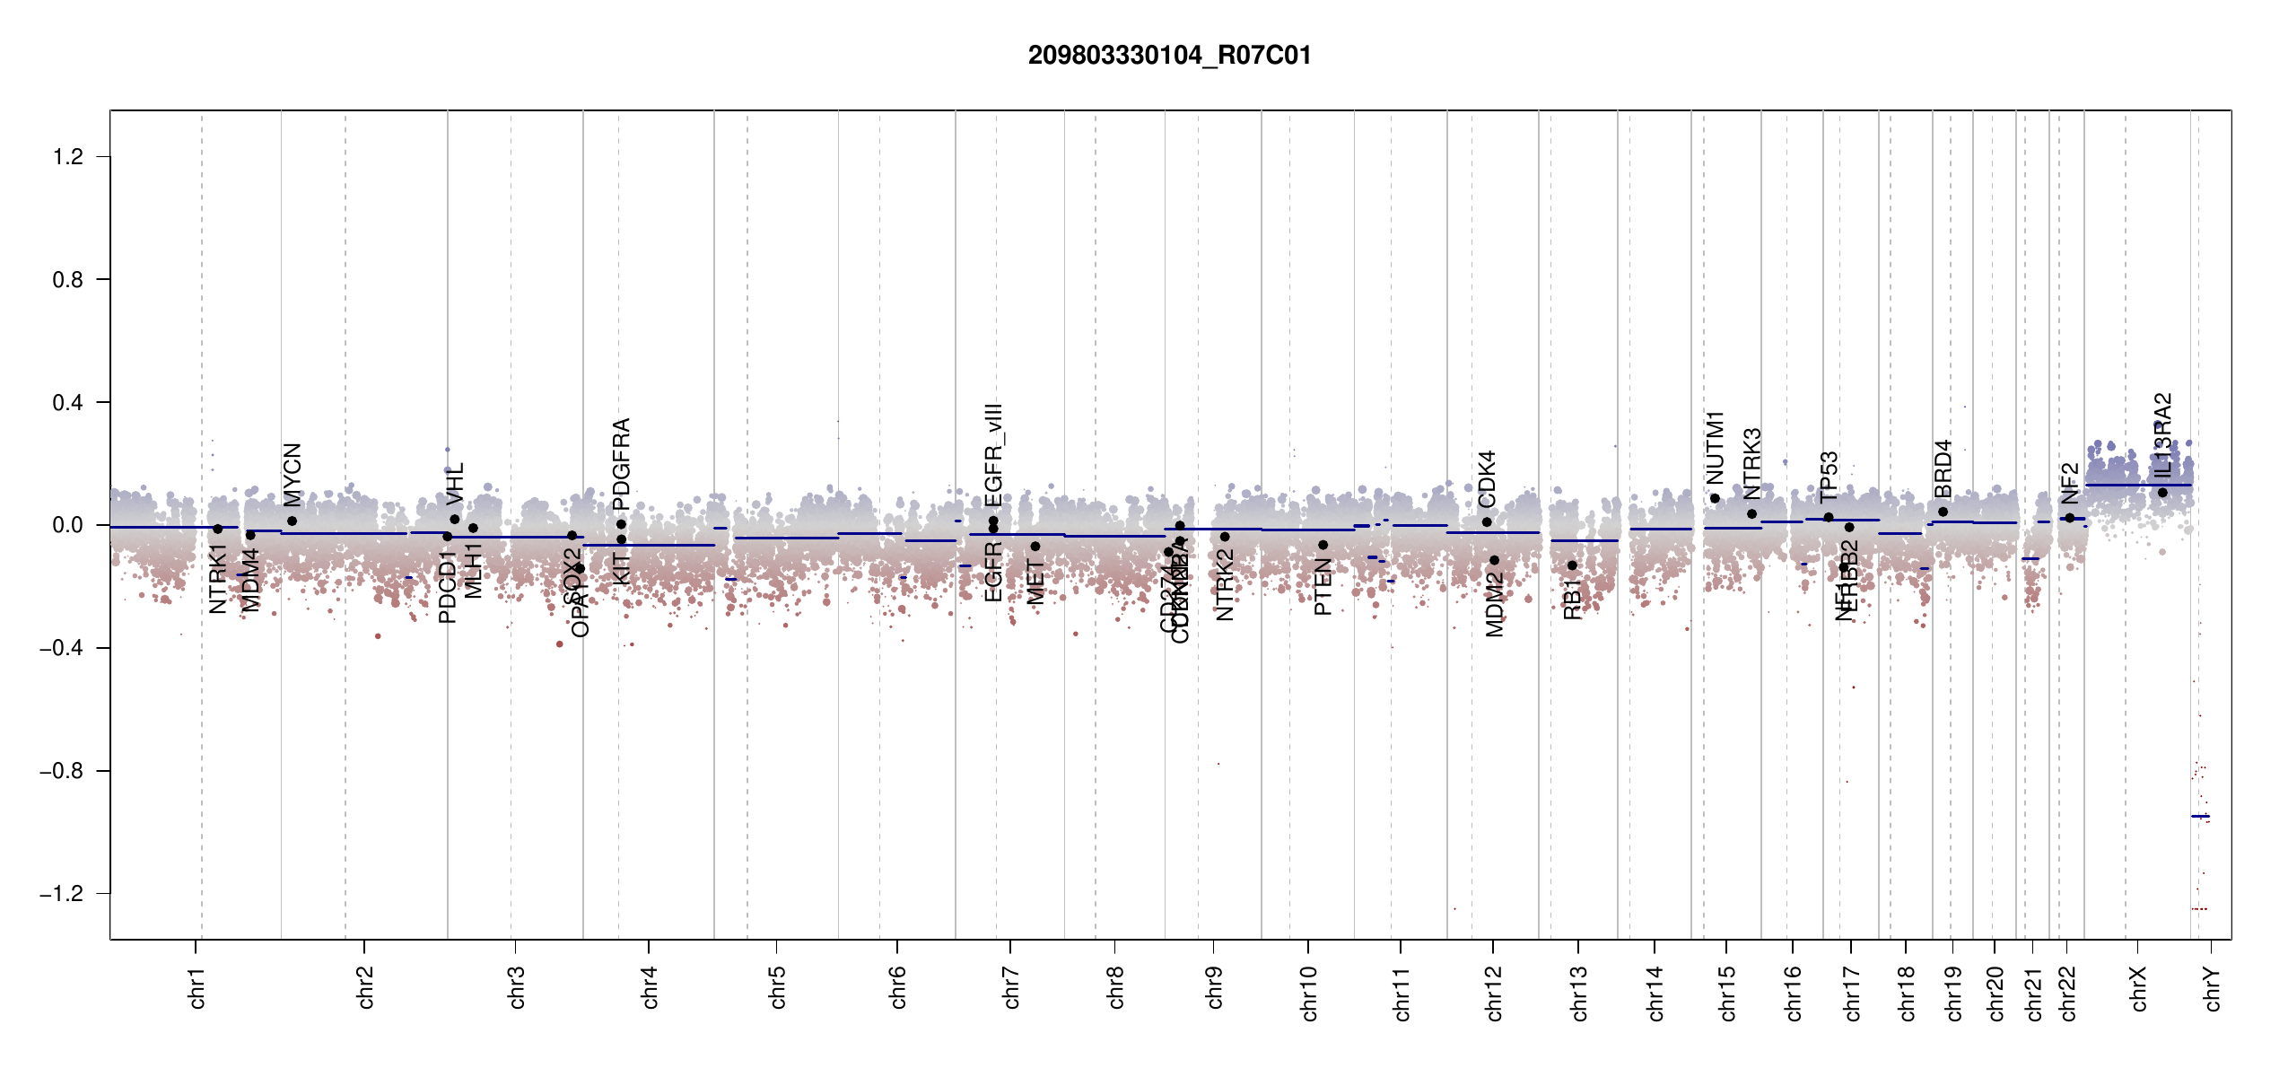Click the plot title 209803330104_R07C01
point(1169,56)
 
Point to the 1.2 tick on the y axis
point(68,157)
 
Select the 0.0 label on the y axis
point(68,525)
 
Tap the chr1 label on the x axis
point(197,987)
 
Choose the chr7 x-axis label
point(1011,987)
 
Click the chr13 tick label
point(1579,993)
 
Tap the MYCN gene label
point(293,474)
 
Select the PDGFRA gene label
point(621,458)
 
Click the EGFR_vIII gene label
point(993,454)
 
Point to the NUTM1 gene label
point(1715,447)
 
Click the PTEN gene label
point(1323,587)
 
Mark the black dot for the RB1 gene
point(1572,565)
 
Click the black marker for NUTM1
point(1715,499)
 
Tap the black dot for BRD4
point(1943,512)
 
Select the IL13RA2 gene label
point(2163,434)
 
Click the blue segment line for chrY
point(2200,816)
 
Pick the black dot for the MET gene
point(1035,547)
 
